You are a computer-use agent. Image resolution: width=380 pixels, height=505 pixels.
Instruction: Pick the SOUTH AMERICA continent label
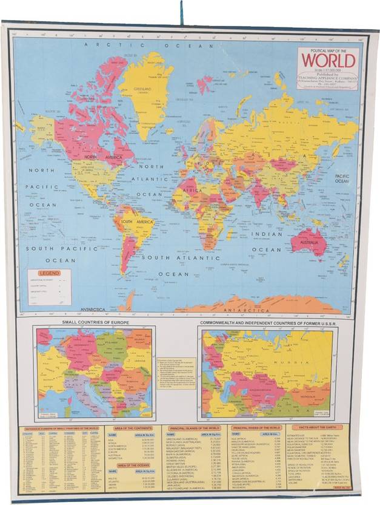pos(135,223)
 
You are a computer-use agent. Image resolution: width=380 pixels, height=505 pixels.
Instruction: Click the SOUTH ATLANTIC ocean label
pos(173,257)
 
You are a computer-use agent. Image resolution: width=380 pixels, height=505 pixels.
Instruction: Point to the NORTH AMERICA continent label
pos(99,157)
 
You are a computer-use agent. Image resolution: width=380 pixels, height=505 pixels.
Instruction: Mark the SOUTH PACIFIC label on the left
pos(52,249)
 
